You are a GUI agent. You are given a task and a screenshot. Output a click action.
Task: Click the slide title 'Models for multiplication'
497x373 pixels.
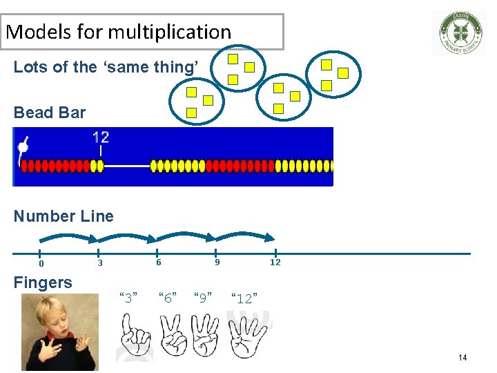(x=119, y=32)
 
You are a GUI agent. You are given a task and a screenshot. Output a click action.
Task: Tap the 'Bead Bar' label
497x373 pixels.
(x=50, y=113)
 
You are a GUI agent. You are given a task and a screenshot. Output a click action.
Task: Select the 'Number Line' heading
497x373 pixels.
(x=64, y=216)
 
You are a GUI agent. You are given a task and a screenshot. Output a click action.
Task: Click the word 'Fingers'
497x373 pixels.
(x=43, y=283)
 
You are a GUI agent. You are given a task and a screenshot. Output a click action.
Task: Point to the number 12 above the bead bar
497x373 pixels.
(x=101, y=137)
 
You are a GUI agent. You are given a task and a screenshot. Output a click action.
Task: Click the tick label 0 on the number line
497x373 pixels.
(x=41, y=264)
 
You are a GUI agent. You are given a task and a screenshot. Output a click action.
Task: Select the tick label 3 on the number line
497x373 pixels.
(x=99, y=263)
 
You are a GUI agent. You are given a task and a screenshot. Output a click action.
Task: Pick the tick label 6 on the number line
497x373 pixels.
(x=158, y=262)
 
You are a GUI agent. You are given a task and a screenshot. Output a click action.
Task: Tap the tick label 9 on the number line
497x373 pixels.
(x=217, y=262)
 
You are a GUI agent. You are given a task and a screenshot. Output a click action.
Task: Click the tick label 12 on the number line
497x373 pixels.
(x=275, y=262)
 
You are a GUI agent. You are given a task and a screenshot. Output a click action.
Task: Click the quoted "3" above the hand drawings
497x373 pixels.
(x=129, y=297)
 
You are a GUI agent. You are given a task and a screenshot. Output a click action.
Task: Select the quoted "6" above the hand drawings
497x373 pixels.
(x=167, y=297)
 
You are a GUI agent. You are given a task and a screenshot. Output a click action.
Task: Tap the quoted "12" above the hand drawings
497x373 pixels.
(x=244, y=298)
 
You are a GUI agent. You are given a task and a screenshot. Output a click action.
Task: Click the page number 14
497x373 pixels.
(x=462, y=358)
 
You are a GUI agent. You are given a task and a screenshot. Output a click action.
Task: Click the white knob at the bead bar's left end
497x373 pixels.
(x=23, y=146)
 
